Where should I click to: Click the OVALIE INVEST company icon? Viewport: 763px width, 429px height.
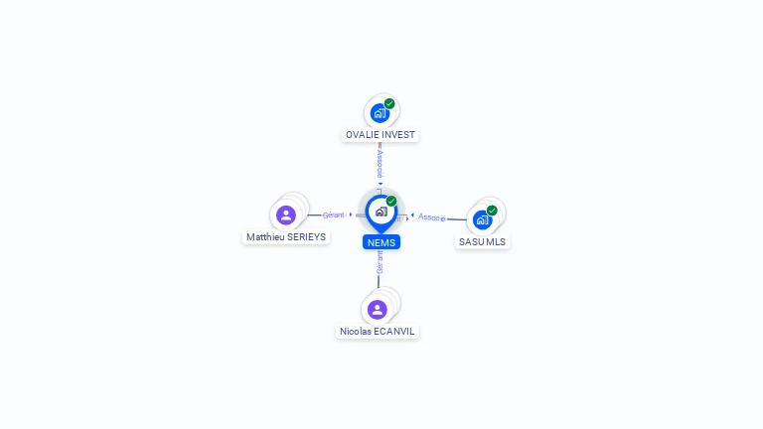click(x=380, y=113)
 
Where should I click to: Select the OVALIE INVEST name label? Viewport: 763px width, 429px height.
click(x=381, y=135)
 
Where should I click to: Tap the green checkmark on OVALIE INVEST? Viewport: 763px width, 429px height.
click(x=389, y=103)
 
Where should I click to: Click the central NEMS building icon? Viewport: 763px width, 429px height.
click(x=381, y=212)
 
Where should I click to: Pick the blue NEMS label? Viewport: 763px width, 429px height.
click(x=381, y=242)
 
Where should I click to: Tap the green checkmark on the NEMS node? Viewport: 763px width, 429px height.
click(x=391, y=202)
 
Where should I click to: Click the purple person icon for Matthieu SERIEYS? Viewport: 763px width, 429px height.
click(x=286, y=214)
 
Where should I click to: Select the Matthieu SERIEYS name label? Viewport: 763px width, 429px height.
click(x=286, y=237)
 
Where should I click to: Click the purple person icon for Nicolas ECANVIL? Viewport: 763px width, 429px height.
click(x=377, y=309)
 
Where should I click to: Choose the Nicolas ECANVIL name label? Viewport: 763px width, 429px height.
click(x=378, y=332)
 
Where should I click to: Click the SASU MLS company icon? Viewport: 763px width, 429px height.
click(x=482, y=219)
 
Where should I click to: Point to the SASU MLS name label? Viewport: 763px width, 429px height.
click(x=483, y=241)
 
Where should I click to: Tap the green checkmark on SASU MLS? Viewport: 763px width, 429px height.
click(x=492, y=211)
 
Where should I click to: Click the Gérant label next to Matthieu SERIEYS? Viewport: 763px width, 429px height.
click(x=334, y=214)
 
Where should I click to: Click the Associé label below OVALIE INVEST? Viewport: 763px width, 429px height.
click(x=380, y=163)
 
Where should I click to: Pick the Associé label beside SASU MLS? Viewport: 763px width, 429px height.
click(x=432, y=216)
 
